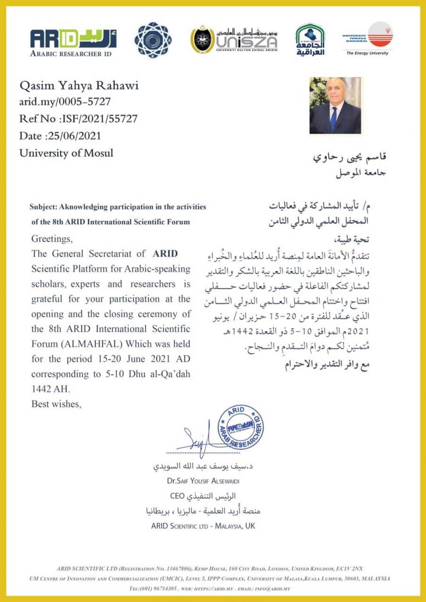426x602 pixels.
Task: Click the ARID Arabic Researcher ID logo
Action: coord(73,42)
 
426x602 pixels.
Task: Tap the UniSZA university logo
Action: coord(234,40)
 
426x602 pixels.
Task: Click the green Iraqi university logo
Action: coord(310,40)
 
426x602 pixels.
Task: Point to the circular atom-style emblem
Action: coord(153,40)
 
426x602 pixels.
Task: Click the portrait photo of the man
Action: coord(335,106)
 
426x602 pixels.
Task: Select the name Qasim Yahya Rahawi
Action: coord(79,86)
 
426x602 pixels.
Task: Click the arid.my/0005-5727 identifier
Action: coord(65,101)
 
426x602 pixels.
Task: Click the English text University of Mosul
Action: coord(66,153)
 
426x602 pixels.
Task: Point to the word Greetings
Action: coord(52,239)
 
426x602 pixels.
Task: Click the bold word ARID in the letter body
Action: coord(165,253)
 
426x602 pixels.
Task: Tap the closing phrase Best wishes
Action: coord(56,404)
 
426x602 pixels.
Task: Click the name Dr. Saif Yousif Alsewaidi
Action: coord(203,481)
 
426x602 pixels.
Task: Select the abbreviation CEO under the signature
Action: coord(177,496)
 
